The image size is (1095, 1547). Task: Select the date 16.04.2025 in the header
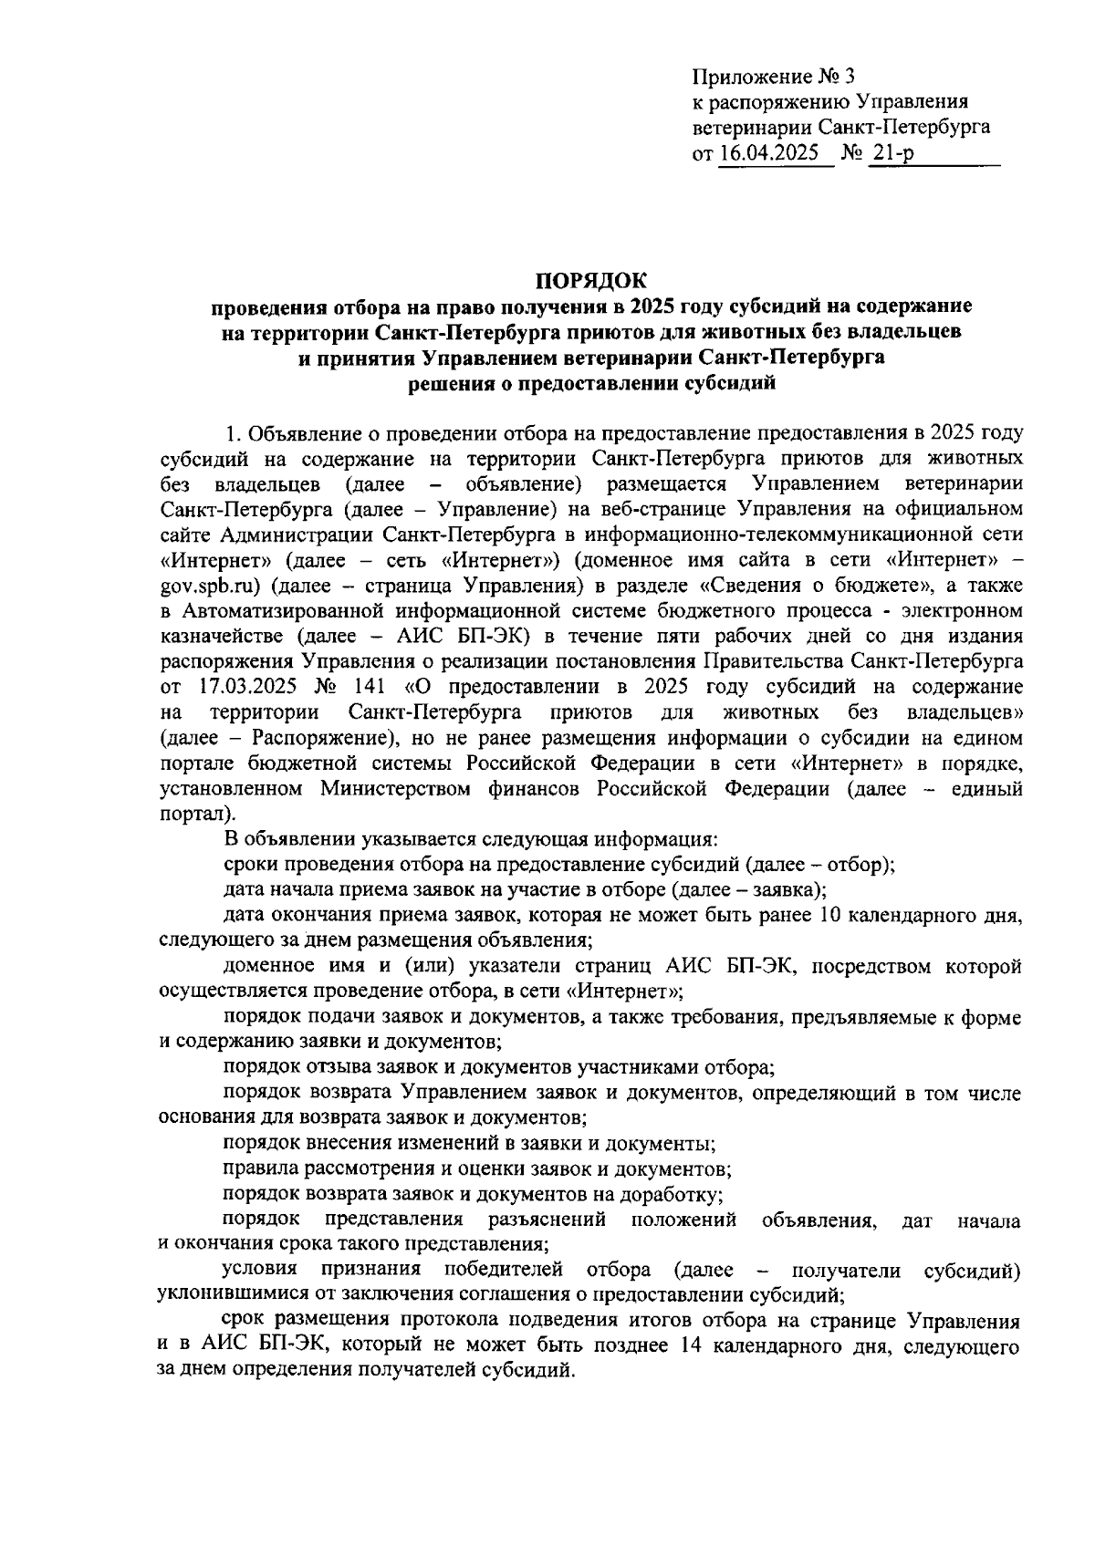(769, 153)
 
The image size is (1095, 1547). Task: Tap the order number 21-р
(892, 153)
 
